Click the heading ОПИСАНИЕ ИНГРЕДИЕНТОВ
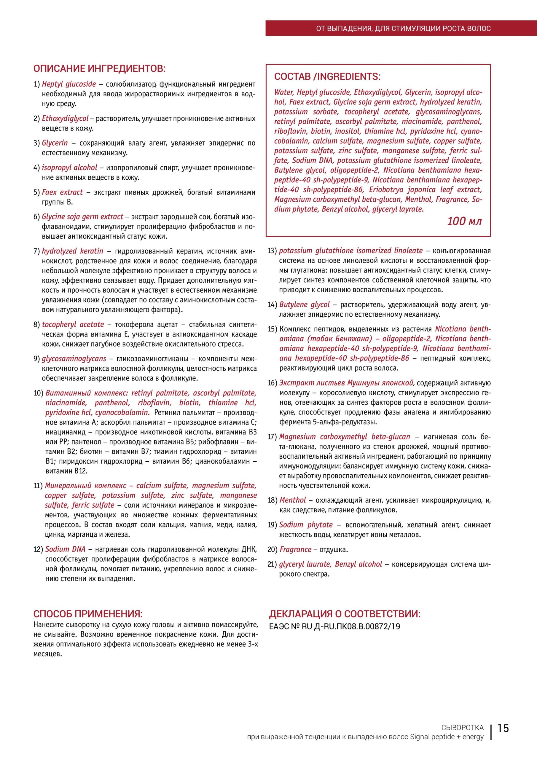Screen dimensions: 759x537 pos(99,68)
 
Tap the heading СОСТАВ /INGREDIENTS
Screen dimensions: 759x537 pos(327,77)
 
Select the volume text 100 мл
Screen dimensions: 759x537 pos(464,221)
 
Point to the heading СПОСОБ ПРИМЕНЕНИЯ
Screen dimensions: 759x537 pos(88,614)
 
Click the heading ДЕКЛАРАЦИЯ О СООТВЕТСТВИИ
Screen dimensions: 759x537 pos(345,614)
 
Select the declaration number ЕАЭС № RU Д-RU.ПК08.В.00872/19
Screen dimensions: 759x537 pos(335,626)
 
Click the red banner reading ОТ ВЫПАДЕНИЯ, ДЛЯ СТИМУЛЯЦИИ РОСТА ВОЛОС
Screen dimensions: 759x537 pos(403,28)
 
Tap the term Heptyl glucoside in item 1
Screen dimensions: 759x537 pos(69,84)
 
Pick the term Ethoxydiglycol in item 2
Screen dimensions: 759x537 pos(65,119)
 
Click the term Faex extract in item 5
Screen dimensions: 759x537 pos(62,192)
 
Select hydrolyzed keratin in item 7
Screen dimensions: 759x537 pos(72,251)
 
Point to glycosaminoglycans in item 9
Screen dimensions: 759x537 pos(74,359)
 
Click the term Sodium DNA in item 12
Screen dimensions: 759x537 pos(65,549)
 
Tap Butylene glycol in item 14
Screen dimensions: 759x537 pos(305,304)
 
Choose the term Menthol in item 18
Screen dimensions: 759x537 pos(293,500)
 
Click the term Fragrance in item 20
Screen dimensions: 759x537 pos(295,549)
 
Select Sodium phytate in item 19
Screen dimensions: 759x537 pos(306,524)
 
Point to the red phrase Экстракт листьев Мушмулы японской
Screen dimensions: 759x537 pos(346,383)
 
